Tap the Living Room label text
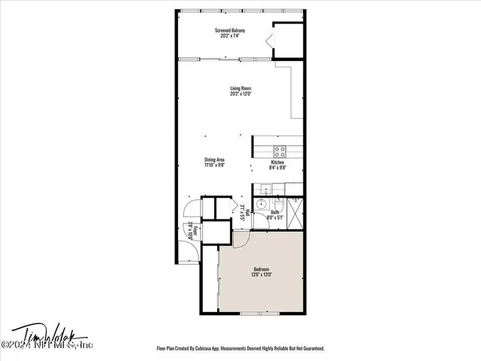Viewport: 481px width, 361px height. coord(240,89)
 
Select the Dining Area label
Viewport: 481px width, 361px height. coord(215,159)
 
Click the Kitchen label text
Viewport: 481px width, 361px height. coord(277,162)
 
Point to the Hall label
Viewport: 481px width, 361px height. coord(246,211)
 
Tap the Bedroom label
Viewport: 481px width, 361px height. coord(262,269)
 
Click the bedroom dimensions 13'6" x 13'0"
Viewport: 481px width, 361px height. coord(262,275)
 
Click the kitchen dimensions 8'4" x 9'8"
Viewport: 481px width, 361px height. coord(277,168)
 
